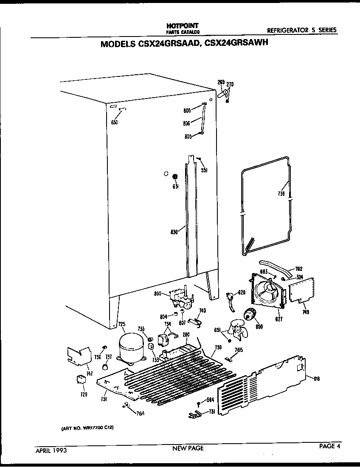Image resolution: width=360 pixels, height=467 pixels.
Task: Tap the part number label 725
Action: (x=122, y=325)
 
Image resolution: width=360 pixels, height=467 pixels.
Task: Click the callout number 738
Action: (x=281, y=193)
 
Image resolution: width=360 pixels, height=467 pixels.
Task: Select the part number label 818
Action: (x=316, y=379)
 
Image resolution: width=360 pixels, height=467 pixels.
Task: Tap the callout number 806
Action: (x=187, y=124)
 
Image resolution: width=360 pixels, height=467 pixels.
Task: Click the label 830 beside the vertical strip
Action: (x=174, y=232)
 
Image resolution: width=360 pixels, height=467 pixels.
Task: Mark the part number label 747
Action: (x=89, y=373)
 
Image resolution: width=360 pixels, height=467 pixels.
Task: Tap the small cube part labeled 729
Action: (x=80, y=379)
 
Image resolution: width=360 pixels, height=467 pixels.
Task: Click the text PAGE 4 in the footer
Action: (x=330, y=446)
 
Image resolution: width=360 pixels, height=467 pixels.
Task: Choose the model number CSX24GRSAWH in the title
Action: (x=231, y=44)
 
